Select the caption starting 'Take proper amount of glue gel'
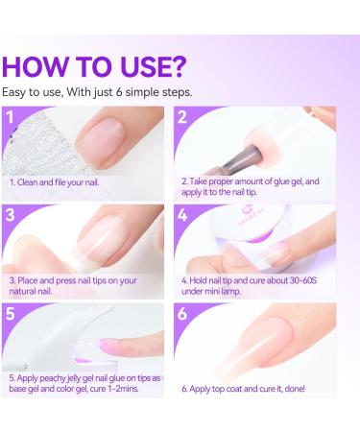pyautogui.click(x=263, y=185)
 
